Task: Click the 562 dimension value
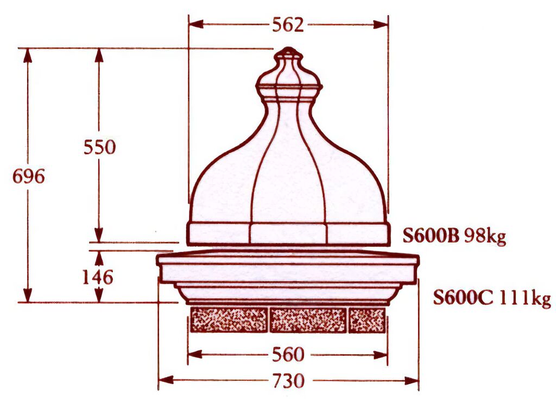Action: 288,25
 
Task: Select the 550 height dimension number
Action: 100,146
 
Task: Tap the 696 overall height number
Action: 29,176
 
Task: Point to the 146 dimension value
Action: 98,277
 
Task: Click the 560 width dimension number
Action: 288,355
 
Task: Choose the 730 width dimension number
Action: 288,381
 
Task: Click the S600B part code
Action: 431,235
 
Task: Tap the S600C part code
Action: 463,298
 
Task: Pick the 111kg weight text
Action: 526,299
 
